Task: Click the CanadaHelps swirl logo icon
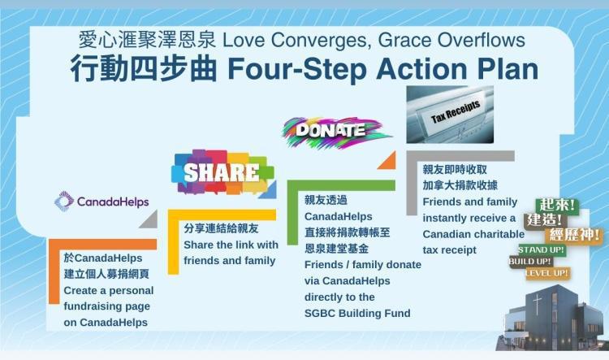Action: [x=64, y=201]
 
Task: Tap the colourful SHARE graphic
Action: [x=222, y=172]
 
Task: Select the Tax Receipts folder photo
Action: [x=450, y=115]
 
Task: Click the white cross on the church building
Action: [x=538, y=305]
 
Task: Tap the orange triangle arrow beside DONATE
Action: [x=387, y=160]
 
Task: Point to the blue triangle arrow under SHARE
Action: [x=268, y=189]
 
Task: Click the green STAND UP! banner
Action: [x=541, y=249]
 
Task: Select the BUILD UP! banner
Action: [x=530, y=261]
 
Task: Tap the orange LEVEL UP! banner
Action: [x=547, y=273]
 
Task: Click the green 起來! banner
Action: [x=557, y=205]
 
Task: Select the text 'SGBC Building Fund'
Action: [x=357, y=313]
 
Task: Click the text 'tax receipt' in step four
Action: [x=449, y=250]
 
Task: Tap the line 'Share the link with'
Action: [x=231, y=245]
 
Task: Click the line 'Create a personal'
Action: [x=109, y=290]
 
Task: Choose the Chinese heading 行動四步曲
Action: [x=144, y=69]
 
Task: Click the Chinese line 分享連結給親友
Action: [x=221, y=228]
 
